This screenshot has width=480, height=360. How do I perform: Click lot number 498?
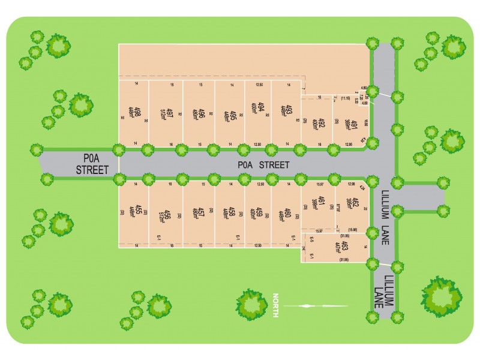137,112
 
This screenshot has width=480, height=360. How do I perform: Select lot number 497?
170,112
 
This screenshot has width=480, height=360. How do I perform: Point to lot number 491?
355,125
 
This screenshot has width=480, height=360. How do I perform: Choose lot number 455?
138,210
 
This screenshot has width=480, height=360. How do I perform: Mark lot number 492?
322,124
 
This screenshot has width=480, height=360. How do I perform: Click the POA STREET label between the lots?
263,164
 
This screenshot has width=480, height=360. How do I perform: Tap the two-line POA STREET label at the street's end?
92,164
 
